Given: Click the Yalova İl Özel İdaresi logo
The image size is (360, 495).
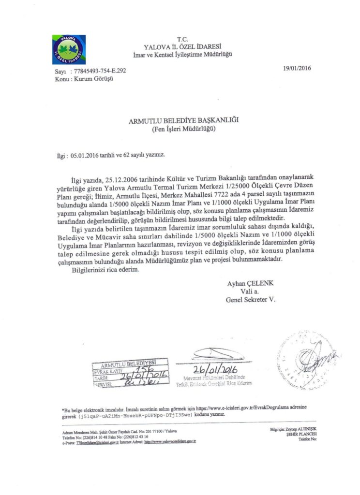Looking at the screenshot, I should (69, 49).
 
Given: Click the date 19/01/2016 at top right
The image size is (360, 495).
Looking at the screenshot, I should (298, 68).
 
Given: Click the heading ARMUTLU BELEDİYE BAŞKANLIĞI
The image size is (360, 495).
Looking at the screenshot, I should (183, 120).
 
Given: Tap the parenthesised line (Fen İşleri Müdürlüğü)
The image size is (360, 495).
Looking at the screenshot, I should (183, 129).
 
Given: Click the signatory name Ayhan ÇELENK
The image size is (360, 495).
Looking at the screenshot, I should (251, 284).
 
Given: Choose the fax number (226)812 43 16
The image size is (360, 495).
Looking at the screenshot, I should (135, 437).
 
